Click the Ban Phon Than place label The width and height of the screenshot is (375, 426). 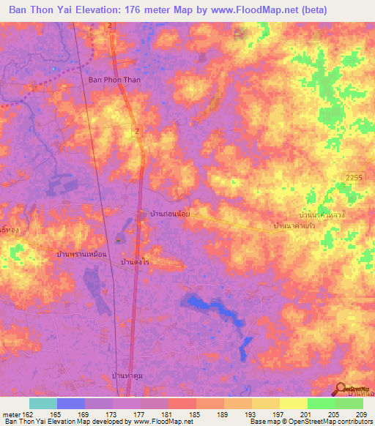[x=114, y=81]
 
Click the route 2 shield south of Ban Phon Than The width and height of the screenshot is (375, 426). [x=137, y=130]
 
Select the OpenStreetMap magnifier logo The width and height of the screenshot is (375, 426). [x=341, y=389]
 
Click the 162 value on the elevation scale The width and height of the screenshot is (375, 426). [x=29, y=414]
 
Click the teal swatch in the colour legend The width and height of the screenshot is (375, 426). [x=43, y=403]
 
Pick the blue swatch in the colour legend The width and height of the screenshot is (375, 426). [x=71, y=403]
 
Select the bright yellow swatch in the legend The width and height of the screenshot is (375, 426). [x=293, y=403]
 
